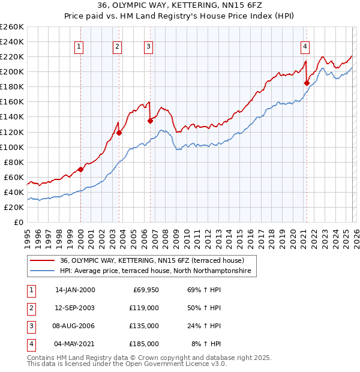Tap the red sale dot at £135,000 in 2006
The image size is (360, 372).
[150, 121]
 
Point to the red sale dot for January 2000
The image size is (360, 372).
[80, 169]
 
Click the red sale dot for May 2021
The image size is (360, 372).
[307, 83]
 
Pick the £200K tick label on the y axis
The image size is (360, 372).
[12, 71]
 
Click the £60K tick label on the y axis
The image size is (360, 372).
[14, 177]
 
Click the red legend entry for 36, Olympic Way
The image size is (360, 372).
[152, 261]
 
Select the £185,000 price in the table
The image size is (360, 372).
[144, 344]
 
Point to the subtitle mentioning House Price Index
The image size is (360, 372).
[179, 17]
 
